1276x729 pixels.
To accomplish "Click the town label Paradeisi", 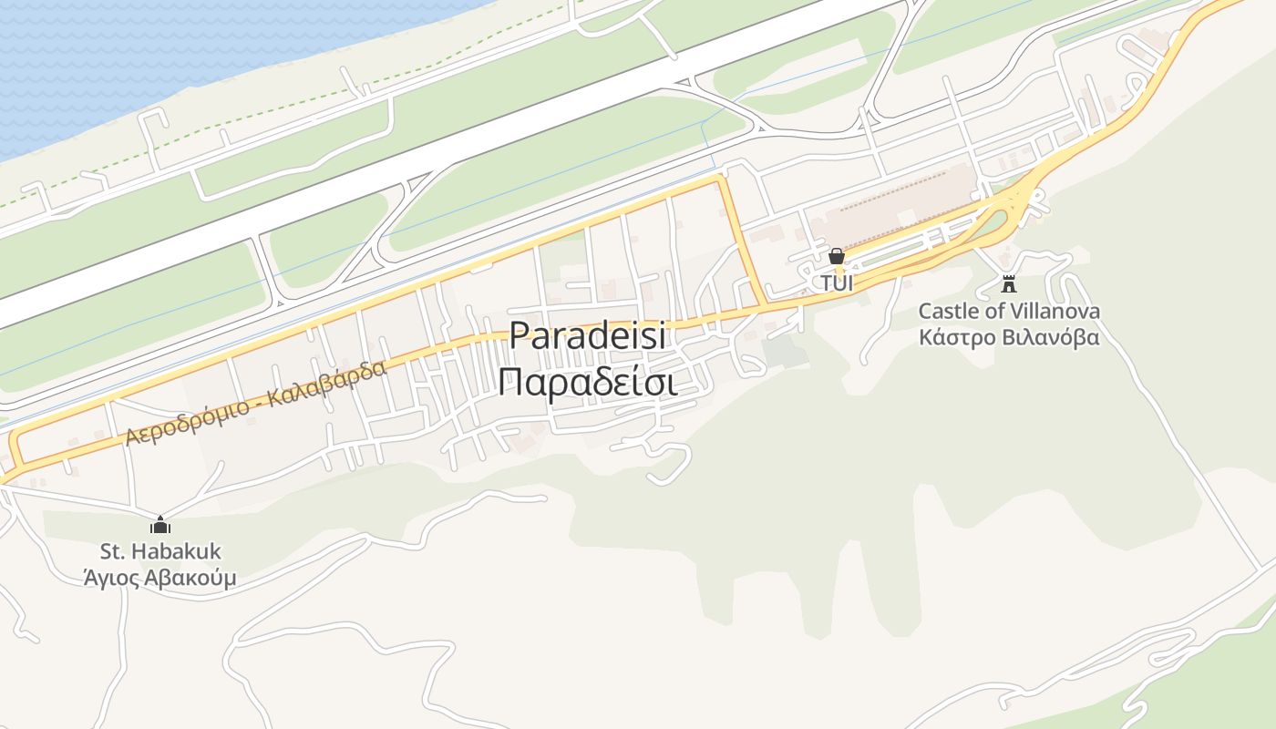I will tap(587, 335).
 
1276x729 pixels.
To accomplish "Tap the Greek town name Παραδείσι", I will tap(587, 383).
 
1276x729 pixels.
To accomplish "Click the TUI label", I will tap(837, 283).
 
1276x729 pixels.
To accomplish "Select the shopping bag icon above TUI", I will tap(837, 256).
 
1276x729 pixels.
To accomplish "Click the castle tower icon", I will tap(1008, 283).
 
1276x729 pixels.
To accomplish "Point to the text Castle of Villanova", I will tap(1009, 312).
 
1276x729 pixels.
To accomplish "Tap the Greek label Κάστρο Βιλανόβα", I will tap(1009, 337).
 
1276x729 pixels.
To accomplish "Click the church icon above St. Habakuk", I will tap(160, 525).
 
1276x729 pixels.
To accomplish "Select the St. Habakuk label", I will tap(160, 551).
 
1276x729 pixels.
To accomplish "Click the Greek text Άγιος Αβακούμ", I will tap(160, 578).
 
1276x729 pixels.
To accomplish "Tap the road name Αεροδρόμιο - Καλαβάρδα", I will tap(256, 402).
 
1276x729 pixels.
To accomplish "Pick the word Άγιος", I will tap(111, 578).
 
